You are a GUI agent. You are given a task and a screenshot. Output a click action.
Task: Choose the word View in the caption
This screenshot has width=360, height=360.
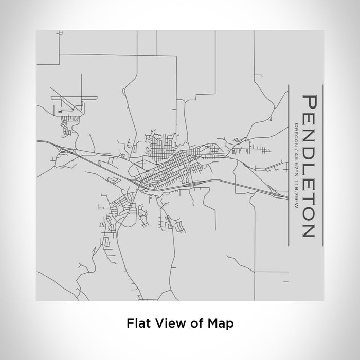pyautogui.click(x=166, y=323)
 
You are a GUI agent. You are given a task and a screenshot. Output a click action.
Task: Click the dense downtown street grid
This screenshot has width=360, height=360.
pyautogui.click(x=170, y=170)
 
